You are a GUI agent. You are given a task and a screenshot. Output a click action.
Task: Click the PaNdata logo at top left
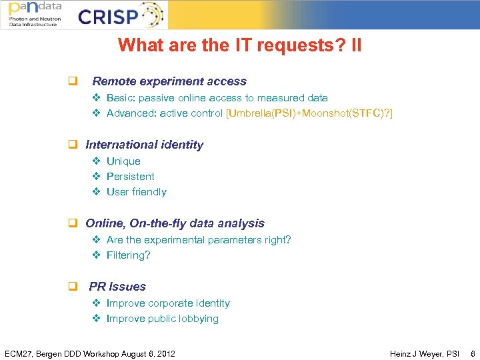[x=35, y=13]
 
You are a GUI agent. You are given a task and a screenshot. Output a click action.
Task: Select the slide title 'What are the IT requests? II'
[x=240, y=45]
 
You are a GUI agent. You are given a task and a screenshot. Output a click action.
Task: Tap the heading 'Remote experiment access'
[x=169, y=81]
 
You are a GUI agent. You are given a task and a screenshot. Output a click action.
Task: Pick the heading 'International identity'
[x=145, y=145]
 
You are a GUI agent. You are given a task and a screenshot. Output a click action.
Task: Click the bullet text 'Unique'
[x=123, y=161]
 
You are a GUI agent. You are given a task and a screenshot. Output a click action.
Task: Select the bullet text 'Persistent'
[x=130, y=177]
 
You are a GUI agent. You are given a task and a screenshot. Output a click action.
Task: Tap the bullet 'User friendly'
[x=136, y=192]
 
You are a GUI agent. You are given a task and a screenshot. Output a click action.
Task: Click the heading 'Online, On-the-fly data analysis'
[x=175, y=223]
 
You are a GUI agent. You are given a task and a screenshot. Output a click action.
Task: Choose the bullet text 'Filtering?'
[x=129, y=255]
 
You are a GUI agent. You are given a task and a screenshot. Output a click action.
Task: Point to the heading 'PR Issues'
[x=117, y=287]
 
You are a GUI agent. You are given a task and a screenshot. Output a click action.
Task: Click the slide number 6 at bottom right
[x=473, y=353]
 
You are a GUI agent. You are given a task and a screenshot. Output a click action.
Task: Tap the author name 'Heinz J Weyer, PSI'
[x=425, y=353]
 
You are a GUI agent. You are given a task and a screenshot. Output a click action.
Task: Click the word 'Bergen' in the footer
[x=52, y=353]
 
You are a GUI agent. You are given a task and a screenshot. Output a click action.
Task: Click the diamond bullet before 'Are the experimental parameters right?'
[x=96, y=240]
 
